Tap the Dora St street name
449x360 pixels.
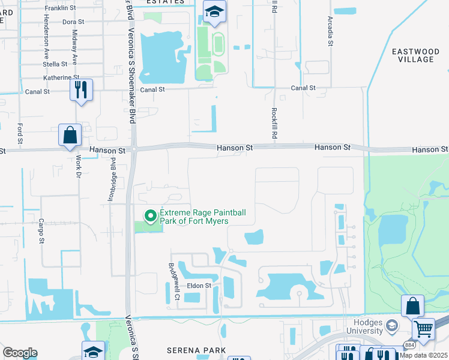coord(73,22)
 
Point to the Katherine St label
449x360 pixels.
coord(61,77)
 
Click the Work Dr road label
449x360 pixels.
coord(78,167)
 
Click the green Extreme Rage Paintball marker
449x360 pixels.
coord(149,215)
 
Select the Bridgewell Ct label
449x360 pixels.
coord(175,281)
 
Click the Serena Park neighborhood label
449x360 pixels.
coord(196,350)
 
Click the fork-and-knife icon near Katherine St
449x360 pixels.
coord(81,90)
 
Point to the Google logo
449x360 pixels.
coord(20,353)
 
